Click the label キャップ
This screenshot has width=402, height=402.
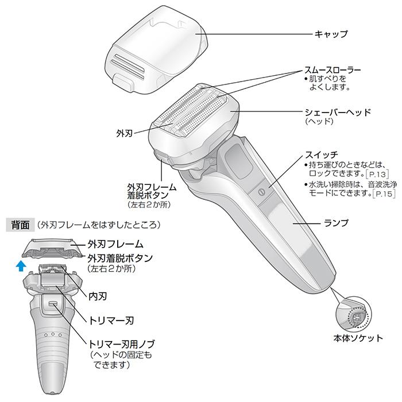click(331, 34)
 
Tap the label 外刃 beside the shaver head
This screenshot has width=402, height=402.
click(124, 133)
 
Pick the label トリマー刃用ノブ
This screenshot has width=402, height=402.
click(121, 343)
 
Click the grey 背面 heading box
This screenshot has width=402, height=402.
click(18, 224)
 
